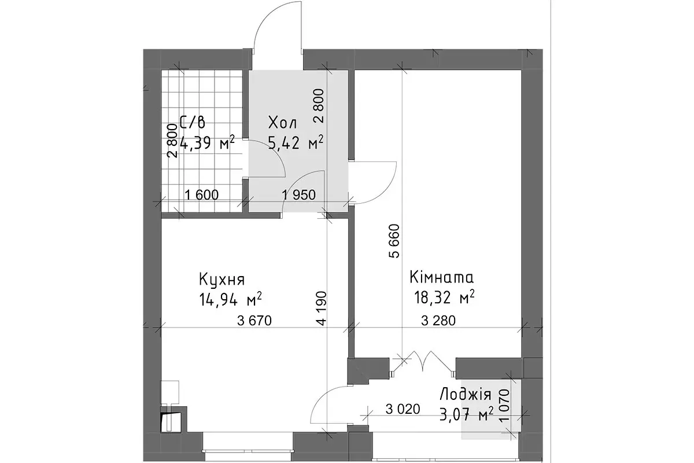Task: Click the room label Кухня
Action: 222,280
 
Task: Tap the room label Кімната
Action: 442,278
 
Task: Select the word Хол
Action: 282,123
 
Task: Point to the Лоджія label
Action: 466,395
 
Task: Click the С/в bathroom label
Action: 192,122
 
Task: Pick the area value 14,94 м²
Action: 231,299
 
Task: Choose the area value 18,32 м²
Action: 444,297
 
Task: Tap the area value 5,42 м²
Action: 296,142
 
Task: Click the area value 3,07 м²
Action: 467,414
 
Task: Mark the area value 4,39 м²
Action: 206,142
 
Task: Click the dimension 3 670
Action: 254,321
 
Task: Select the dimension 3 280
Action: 438,321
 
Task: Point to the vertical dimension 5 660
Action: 395,241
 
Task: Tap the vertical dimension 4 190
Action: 322,308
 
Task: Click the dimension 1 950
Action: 299,195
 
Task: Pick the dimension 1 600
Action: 202,195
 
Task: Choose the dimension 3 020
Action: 403,409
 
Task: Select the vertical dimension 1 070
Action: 504,405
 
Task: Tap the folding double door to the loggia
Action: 423,363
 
